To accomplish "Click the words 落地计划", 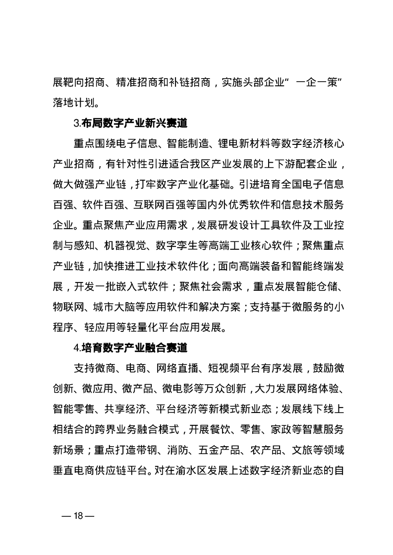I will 71,103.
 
